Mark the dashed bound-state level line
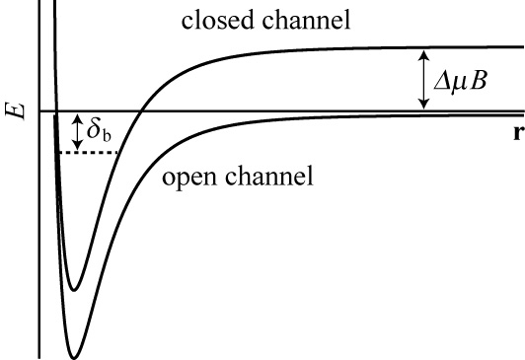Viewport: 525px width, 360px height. (89, 153)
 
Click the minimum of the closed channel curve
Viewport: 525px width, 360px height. (74, 289)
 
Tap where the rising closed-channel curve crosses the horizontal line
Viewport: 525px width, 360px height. (142, 111)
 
